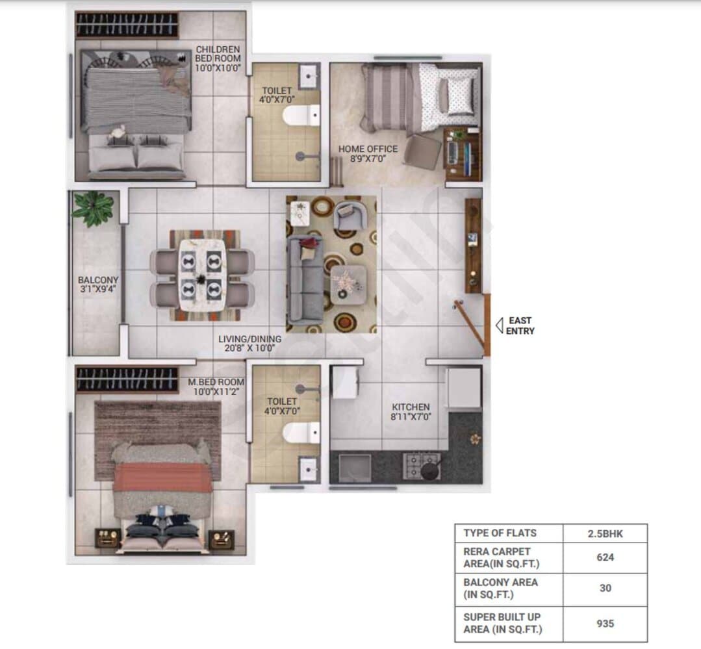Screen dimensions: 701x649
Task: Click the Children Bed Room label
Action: click(218, 58)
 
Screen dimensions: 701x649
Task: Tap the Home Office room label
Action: click(368, 154)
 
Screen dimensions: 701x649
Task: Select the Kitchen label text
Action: click(411, 412)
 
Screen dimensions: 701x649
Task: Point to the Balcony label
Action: click(98, 285)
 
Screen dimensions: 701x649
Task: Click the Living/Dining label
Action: click(249, 343)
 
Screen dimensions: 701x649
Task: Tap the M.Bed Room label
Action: click(216, 387)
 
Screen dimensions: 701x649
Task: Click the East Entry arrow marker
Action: click(500, 325)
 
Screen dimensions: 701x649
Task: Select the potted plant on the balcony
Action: click(94, 208)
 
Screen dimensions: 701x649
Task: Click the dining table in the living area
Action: click(202, 275)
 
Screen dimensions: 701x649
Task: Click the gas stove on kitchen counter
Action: click(422, 466)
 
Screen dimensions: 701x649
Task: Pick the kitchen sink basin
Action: click(355, 468)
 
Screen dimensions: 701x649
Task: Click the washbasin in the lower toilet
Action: click(309, 469)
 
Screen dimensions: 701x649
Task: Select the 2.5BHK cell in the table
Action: click(605, 533)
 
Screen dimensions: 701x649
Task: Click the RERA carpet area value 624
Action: click(605, 557)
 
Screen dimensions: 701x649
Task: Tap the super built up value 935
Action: click(605, 624)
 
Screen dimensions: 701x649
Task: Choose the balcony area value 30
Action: click(605, 588)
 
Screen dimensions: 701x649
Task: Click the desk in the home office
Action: click(463, 154)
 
